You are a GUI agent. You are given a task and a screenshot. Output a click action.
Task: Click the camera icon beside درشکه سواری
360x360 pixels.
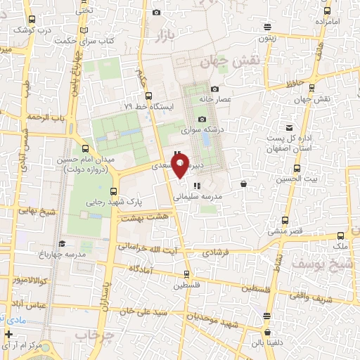click(202, 119)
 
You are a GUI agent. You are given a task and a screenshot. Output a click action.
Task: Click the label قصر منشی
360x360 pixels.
click(285, 231)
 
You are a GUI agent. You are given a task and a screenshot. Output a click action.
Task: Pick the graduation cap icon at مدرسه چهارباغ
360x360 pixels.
click(62, 243)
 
